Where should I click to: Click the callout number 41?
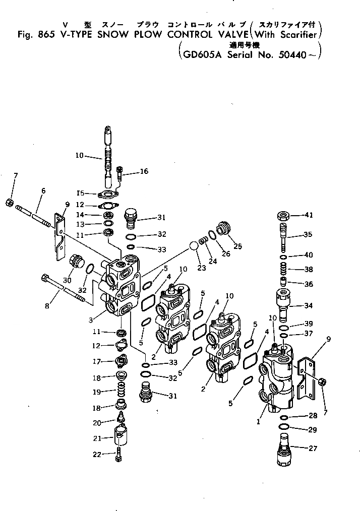pos(308,215)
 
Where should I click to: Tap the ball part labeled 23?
pos(194,246)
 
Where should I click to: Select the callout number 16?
pos(144,171)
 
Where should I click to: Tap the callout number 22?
pos(96,454)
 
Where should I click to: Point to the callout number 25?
pos(238,246)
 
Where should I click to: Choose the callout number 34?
pos(308,305)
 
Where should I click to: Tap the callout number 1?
pos(258,421)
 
